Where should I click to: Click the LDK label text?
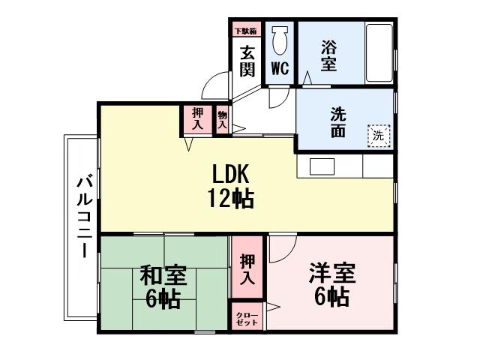tap(230, 174)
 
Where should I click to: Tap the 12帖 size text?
tap(230, 199)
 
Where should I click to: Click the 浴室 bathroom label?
tap(328, 55)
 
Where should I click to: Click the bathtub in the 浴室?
tap(379, 54)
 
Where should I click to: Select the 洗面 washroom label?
tap(337, 122)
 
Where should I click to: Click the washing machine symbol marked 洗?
tap(379, 136)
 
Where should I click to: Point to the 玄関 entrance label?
tap(247, 61)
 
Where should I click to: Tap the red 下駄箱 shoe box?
tap(246, 31)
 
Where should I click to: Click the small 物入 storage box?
tap(222, 120)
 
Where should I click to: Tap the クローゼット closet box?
tap(247, 317)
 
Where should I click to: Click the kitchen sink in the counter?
tap(324, 166)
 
